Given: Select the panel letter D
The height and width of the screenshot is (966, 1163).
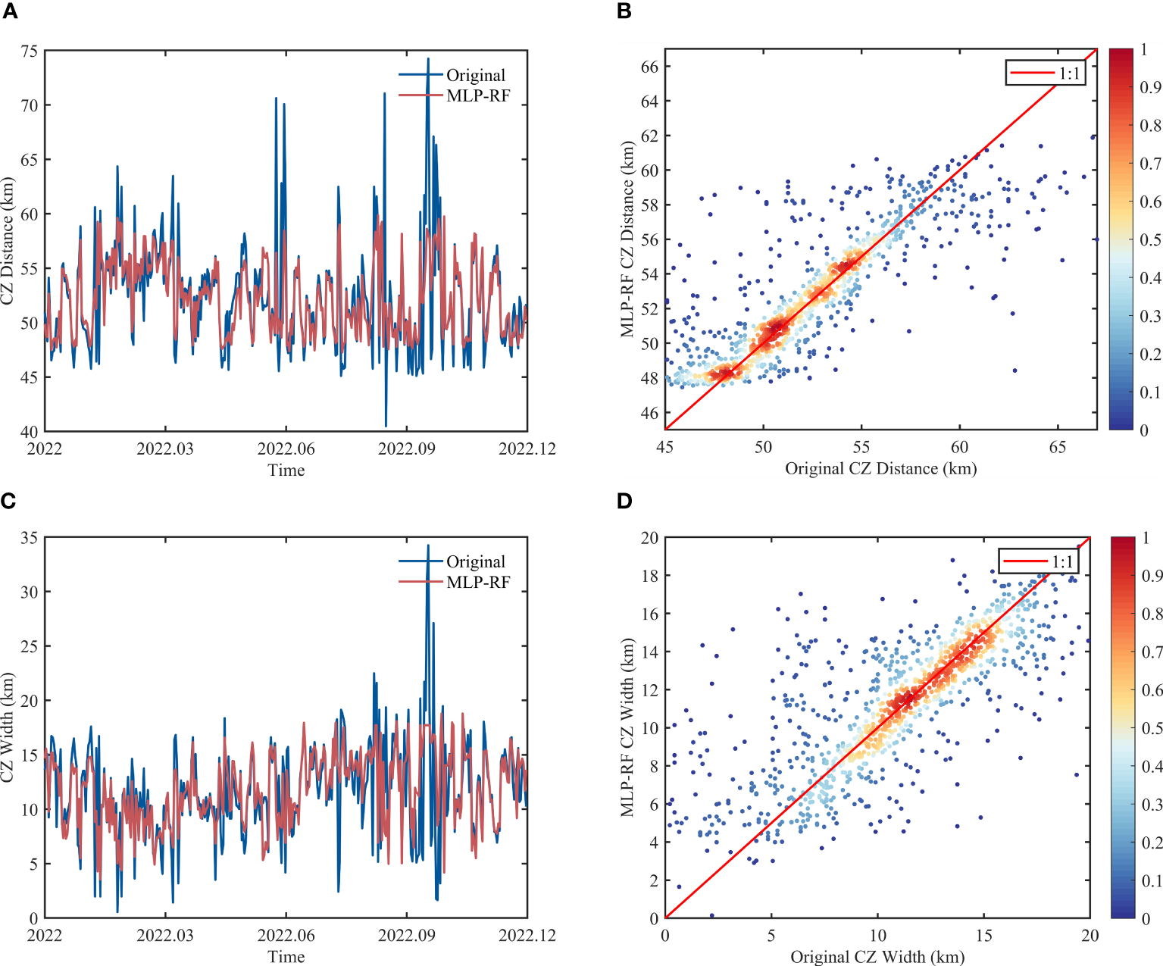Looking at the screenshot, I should (624, 501).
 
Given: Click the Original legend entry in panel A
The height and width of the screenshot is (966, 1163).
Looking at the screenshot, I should (474, 75).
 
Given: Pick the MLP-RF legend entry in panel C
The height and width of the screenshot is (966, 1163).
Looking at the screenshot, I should (477, 582).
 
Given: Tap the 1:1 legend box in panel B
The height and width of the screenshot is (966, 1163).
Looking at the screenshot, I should (1046, 73).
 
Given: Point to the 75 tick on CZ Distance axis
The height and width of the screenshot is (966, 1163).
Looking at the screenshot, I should (29, 52).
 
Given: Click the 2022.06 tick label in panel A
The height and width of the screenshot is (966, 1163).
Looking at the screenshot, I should (286, 449).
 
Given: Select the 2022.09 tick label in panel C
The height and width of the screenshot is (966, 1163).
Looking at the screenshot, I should (406, 935).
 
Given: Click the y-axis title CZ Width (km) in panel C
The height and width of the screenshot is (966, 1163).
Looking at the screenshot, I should (8, 728).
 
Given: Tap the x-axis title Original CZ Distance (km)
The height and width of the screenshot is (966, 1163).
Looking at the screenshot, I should (880, 468).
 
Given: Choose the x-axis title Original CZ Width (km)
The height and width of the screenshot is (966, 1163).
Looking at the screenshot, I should (877, 956).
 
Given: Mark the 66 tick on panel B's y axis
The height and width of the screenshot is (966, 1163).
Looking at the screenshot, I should (649, 67).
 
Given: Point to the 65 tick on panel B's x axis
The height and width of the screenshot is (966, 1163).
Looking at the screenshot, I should (1057, 447).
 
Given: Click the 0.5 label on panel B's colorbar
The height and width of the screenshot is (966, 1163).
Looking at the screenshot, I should (1150, 240).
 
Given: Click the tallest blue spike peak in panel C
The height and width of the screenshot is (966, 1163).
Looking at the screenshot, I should (428, 546).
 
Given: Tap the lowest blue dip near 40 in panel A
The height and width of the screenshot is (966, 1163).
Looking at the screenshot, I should (386, 426).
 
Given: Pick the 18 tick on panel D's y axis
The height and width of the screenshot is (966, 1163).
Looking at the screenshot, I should (649, 576).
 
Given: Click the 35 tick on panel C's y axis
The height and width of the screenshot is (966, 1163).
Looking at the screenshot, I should (29, 538).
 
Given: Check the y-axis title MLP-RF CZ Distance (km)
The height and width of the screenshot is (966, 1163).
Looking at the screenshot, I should (627, 239).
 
